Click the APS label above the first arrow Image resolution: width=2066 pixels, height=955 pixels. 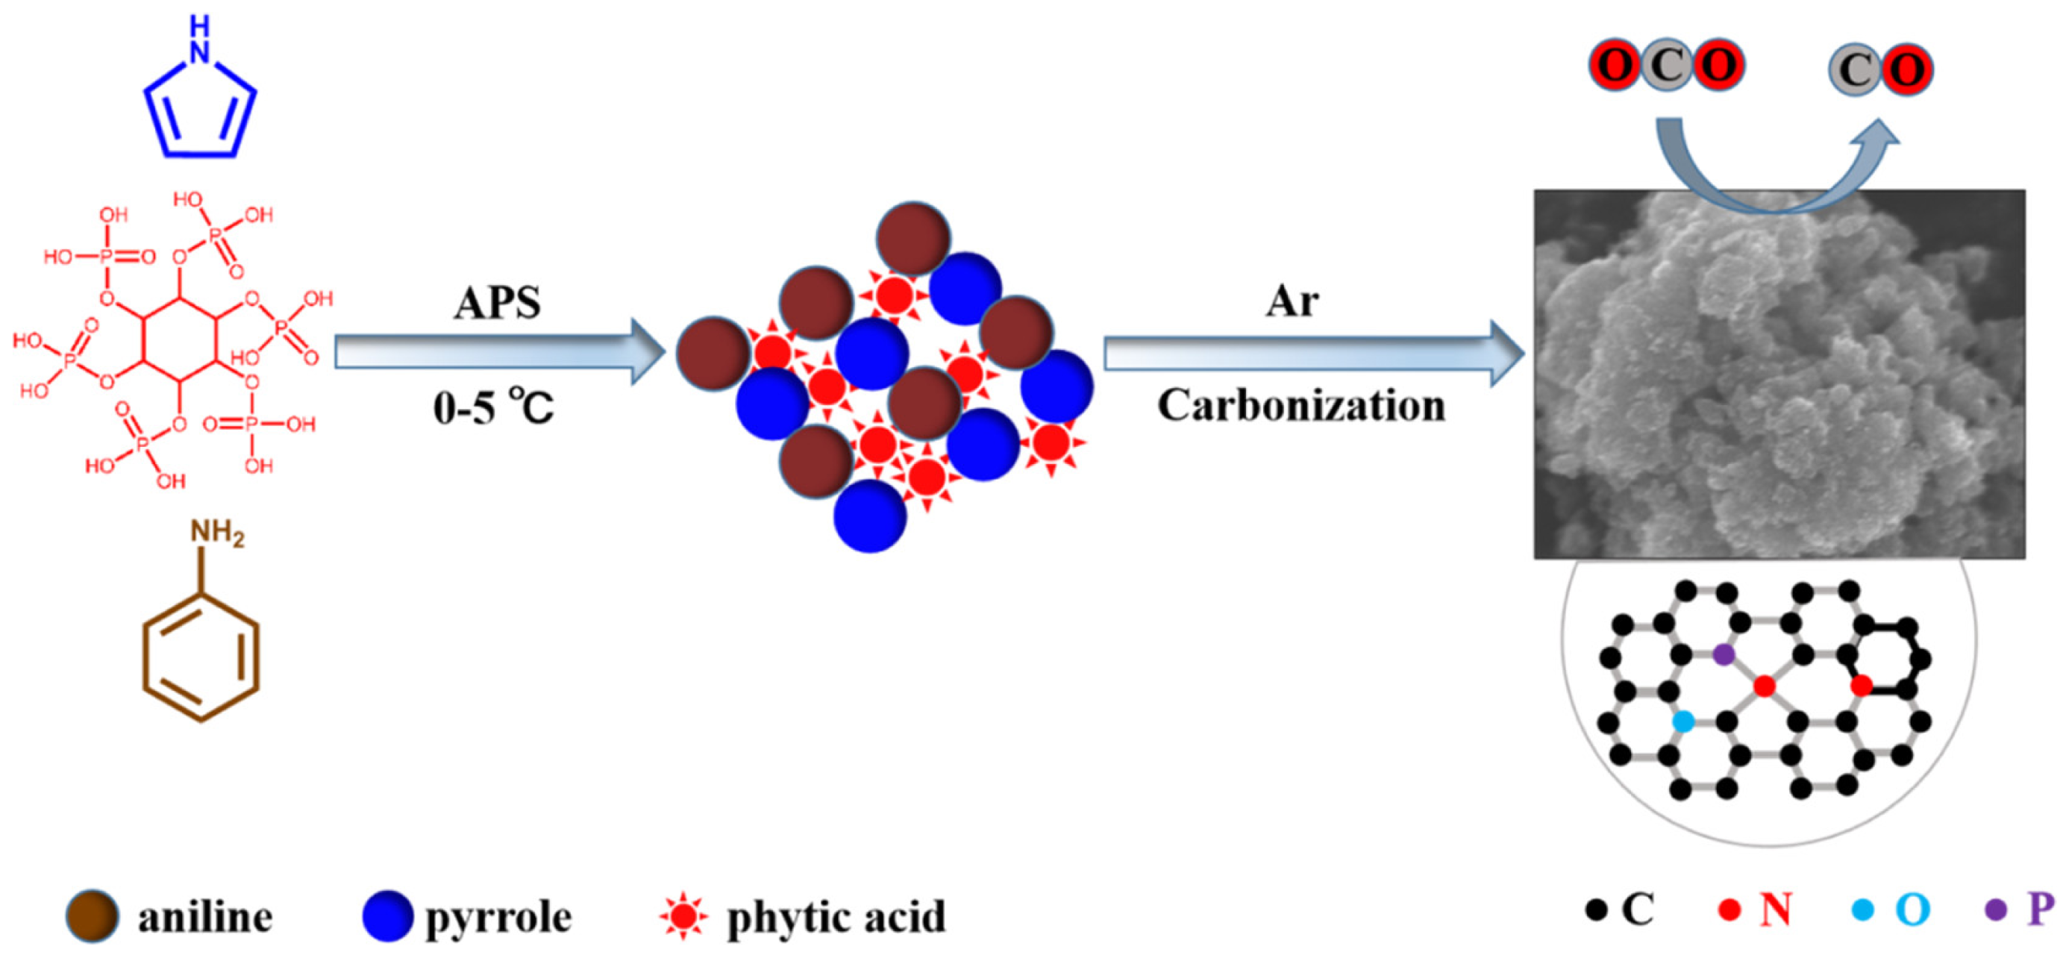click(497, 304)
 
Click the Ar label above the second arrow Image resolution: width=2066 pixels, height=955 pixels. click(1292, 302)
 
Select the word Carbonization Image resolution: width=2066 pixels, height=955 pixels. click(1301, 406)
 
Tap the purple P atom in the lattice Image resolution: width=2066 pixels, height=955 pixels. click(1724, 655)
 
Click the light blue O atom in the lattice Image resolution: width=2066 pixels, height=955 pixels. click(1683, 721)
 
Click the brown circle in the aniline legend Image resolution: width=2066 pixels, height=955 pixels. click(93, 915)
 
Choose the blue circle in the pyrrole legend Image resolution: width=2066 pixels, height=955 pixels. click(387, 915)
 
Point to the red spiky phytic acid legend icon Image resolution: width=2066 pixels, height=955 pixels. click(683, 915)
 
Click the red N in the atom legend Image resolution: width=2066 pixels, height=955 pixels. click(1776, 910)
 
